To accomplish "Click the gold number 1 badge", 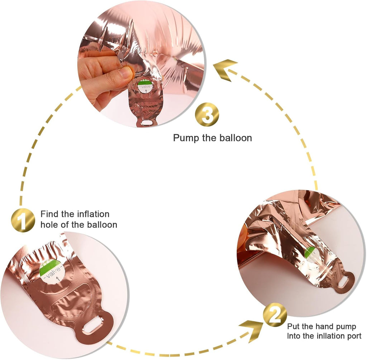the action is coord(23,220).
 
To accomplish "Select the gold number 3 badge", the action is coord(207,114).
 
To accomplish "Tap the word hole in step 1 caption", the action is coord(49,224).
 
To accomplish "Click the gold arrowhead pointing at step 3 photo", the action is coord(225,70).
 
